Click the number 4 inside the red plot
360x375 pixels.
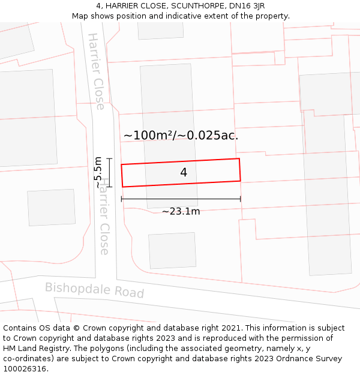coord(184,173)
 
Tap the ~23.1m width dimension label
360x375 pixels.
coord(181,211)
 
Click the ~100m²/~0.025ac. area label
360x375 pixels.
coord(181,136)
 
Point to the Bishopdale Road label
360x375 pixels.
coord(95,290)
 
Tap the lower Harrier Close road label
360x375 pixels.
coord(104,216)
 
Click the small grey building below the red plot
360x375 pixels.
coord(172,250)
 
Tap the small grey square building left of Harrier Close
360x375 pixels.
coord(52,208)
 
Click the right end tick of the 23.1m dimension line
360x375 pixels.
coord(241,199)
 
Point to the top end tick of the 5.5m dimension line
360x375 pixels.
coord(109,158)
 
